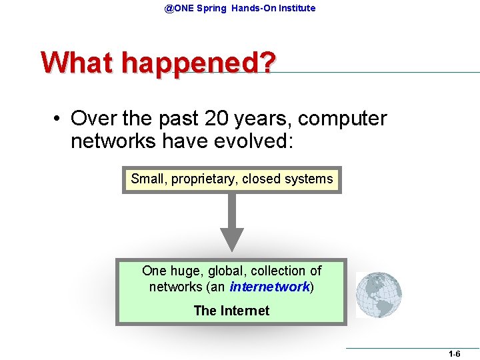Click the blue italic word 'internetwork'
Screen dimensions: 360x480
coord(269,287)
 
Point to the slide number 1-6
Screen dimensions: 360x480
coord(454,355)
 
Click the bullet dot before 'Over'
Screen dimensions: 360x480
coord(59,119)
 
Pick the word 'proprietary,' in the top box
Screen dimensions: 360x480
coord(204,179)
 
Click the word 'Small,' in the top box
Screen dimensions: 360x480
coord(149,179)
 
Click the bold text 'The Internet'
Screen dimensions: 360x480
coord(231,311)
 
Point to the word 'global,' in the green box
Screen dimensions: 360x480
coord(229,271)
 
